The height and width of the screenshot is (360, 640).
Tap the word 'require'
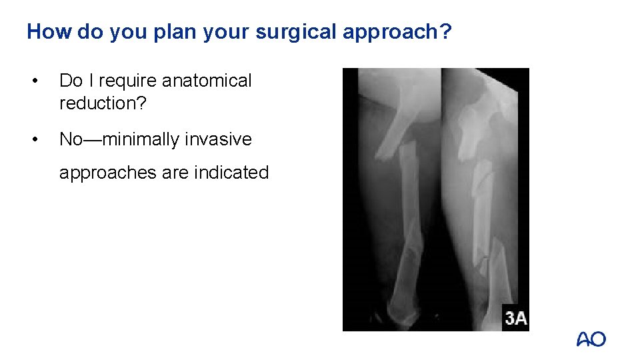coord(127,81)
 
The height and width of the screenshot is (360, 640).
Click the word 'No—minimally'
coord(119,139)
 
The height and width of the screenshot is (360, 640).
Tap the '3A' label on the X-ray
coord(515,317)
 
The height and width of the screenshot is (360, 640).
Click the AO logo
coord(591,339)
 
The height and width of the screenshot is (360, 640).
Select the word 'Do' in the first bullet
coord(70,81)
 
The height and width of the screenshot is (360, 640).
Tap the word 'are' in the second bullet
coord(175,173)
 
